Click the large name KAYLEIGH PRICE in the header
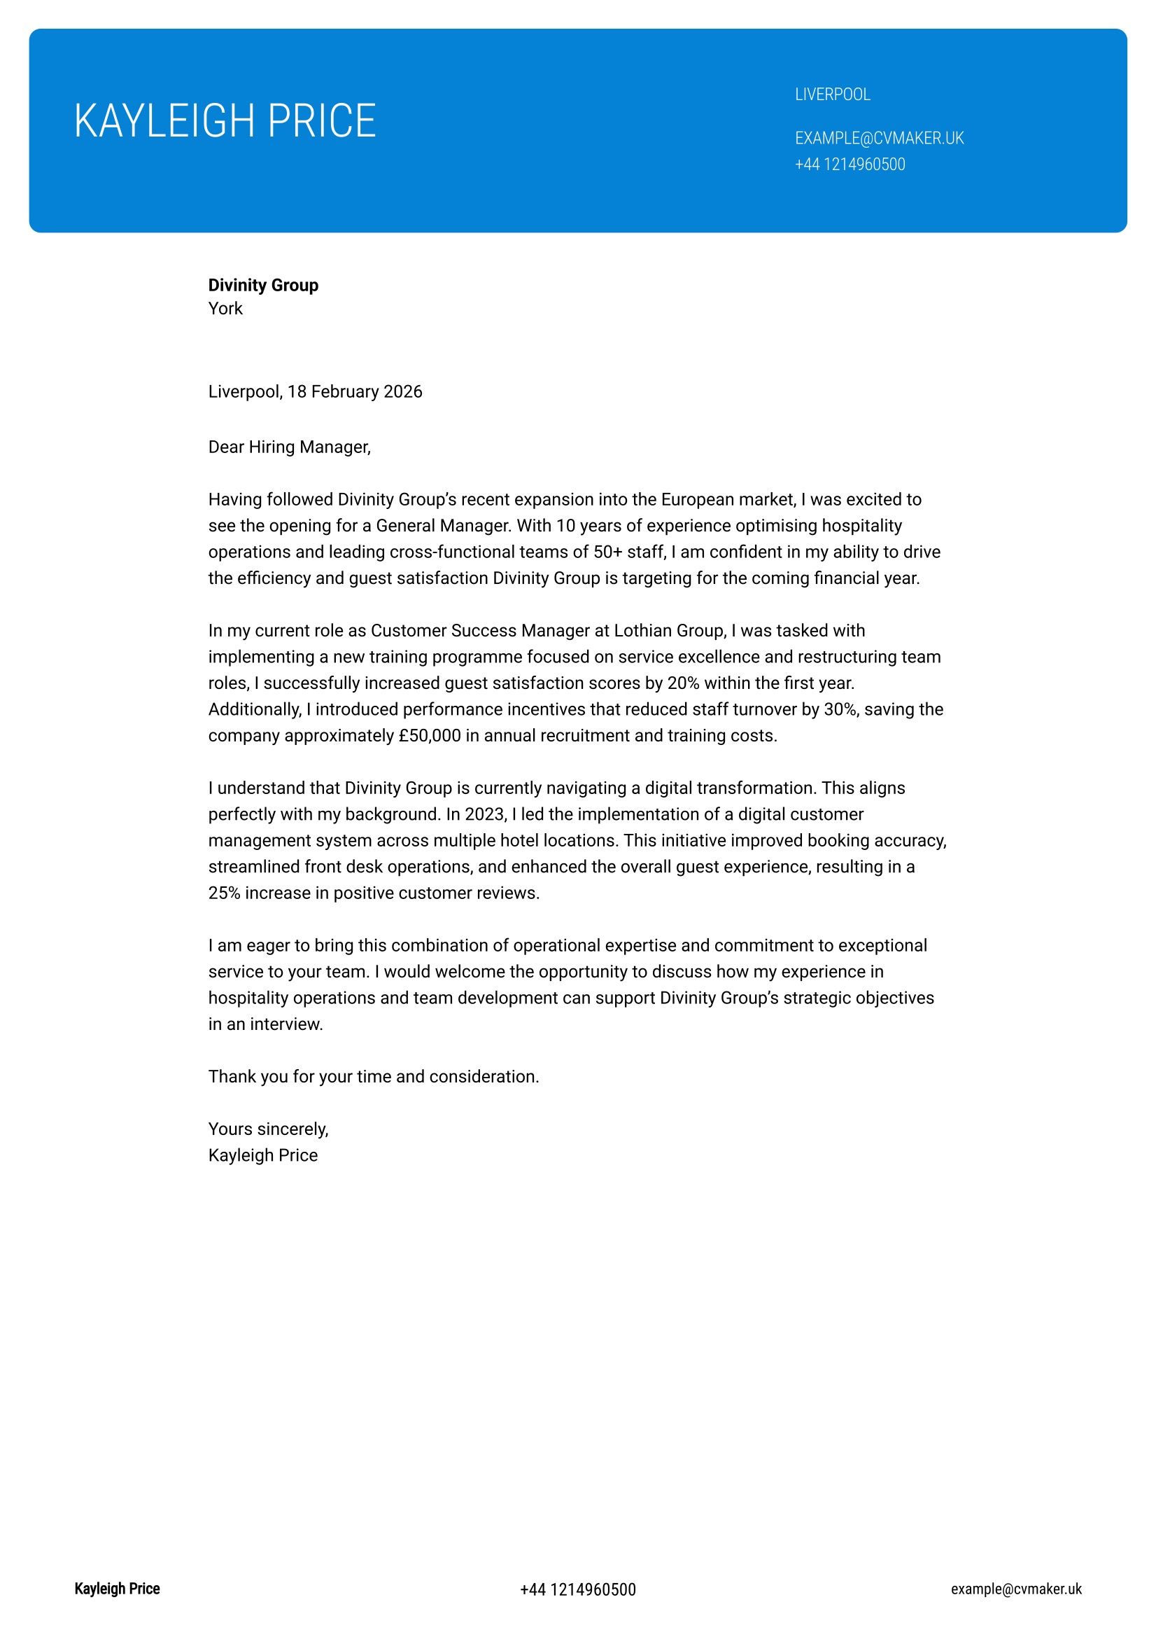(x=225, y=120)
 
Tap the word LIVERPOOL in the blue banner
(x=832, y=95)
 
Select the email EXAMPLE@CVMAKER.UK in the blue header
(x=879, y=139)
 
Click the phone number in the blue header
(x=850, y=165)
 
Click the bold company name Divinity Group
(x=263, y=285)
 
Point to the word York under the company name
(x=225, y=309)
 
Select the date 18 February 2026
(x=354, y=391)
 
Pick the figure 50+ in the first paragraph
(x=607, y=552)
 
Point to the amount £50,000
(x=430, y=735)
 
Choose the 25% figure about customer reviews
(x=224, y=893)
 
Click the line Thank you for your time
(x=373, y=1076)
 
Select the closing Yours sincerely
(x=268, y=1129)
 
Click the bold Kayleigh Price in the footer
(x=117, y=1589)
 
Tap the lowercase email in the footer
(x=1015, y=1589)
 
